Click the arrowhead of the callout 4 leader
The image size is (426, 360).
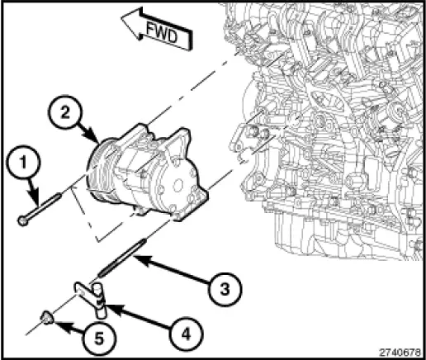coord(106,306)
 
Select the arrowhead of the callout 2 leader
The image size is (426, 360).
coord(98,138)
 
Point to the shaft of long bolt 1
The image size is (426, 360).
coord(45,209)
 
